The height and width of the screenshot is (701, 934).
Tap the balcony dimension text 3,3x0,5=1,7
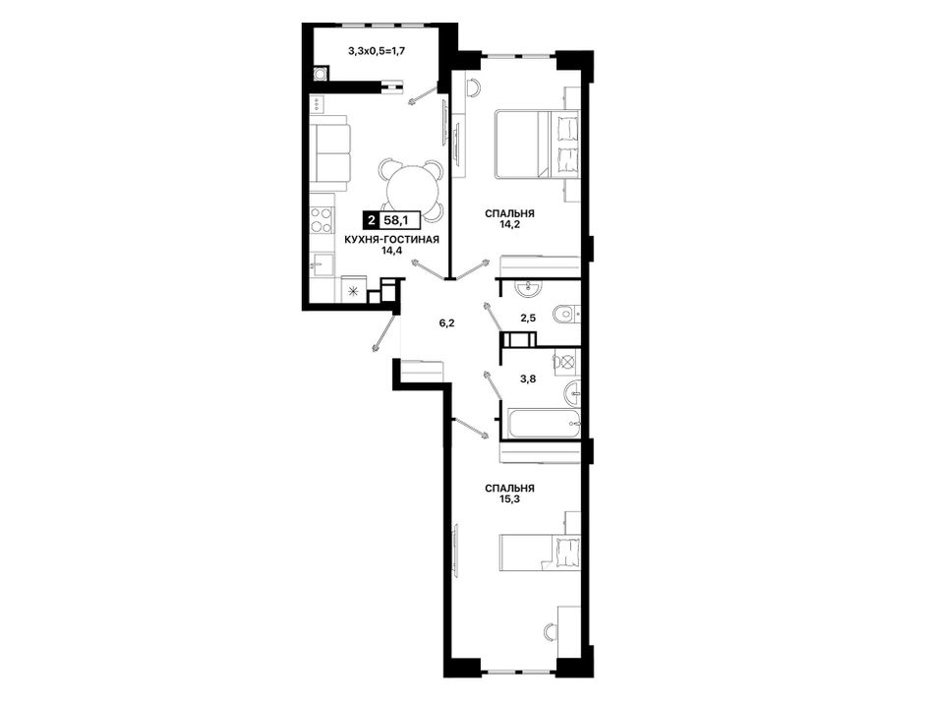378,51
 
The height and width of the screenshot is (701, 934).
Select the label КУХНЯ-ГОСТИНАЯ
391,240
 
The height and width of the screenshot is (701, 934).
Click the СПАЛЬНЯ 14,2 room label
509,218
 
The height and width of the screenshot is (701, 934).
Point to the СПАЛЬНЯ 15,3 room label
509,494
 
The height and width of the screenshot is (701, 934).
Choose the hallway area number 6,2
446,323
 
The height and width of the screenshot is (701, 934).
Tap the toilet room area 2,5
528,318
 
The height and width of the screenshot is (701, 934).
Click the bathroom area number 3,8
528,378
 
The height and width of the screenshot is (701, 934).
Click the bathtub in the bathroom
542,425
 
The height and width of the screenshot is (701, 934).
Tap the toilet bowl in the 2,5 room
563,314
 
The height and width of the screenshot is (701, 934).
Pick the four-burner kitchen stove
321,220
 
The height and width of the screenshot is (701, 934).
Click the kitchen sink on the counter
322,263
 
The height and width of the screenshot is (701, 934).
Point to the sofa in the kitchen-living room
331,152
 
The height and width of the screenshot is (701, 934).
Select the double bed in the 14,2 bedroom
537,145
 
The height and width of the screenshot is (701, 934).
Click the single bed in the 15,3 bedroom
540,553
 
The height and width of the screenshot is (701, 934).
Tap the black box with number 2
373,221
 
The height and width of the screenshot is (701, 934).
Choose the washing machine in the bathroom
565,362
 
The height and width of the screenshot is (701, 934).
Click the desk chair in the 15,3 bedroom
551,631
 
